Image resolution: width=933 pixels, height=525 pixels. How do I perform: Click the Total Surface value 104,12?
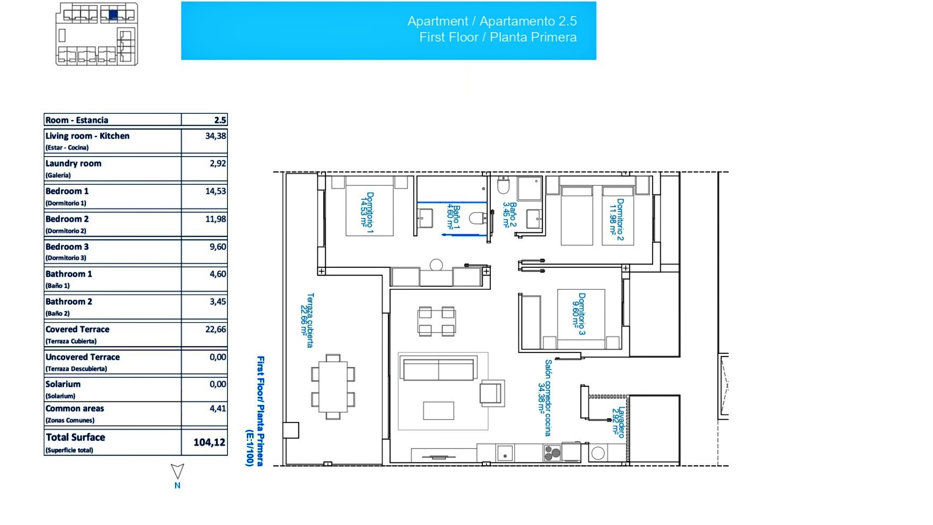pos(209,442)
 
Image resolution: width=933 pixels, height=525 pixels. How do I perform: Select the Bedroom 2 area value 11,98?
pos(215,219)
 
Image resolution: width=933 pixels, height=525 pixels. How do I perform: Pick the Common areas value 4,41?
pos(217,408)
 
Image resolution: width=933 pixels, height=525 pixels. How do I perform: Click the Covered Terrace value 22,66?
pos(215,329)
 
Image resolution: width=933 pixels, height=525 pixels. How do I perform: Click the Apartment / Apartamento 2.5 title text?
pos(492,21)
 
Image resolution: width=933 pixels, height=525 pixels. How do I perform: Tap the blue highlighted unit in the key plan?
pos(113,15)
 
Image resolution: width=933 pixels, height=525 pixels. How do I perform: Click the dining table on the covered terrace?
pos(333,387)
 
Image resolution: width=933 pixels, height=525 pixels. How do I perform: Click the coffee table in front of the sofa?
pos(438,410)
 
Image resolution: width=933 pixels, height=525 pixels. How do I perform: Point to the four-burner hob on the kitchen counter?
pos(552,454)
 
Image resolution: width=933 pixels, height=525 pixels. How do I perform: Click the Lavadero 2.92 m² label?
pos(618,422)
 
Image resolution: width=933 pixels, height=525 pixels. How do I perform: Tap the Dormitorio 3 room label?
pos(579,314)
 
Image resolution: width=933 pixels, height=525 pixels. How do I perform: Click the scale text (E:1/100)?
pos(249,447)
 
